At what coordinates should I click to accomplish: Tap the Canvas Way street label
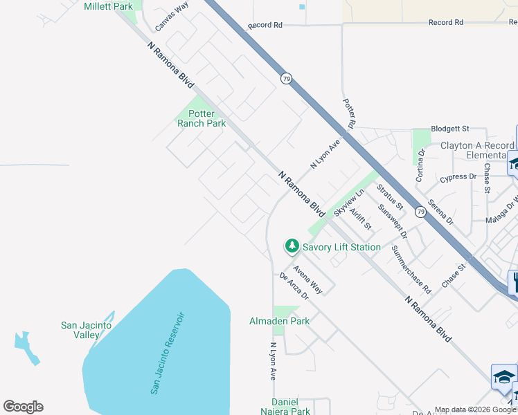pyautogui.click(x=171, y=15)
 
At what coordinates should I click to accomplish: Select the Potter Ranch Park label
pyautogui.click(x=202, y=118)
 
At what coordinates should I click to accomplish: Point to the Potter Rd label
pyautogui.click(x=349, y=112)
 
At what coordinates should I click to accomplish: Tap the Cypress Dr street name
pyautogui.click(x=458, y=177)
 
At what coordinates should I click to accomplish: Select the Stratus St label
pyautogui.click(x=390, y=197)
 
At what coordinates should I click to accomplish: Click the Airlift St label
pyautogui.click(x=361, y=219)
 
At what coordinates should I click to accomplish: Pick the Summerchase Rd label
pyautogui.click(x=411, y=269)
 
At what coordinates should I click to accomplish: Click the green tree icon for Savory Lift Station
pyautogui.click(x=292, y=246)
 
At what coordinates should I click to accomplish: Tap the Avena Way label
pyautogui.click(x=307, y=279)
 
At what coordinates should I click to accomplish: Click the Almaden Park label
pyautogui.click(x=280, y=321)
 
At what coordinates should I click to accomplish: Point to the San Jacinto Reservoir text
pyautogui.click(x=168, y=353)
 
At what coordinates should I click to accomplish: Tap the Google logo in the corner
pyautogui.click(x=23, y=407)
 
